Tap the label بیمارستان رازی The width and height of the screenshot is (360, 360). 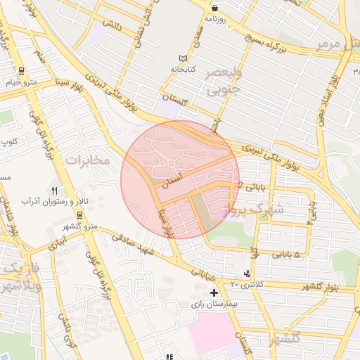(x=215, y=305)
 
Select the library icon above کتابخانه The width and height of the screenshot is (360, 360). (x=184, y=58)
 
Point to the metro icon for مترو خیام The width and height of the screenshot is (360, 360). (x=21, y=70)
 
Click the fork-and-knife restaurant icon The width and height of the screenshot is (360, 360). (x=55, y=190)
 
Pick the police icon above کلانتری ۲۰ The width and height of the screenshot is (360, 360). (x=245, y=274)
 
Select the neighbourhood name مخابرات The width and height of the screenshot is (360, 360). (x=88, y=160)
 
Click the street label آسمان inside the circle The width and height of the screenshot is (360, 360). (x=172, y=180)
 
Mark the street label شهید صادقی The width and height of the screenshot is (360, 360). (x=137, y=245)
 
